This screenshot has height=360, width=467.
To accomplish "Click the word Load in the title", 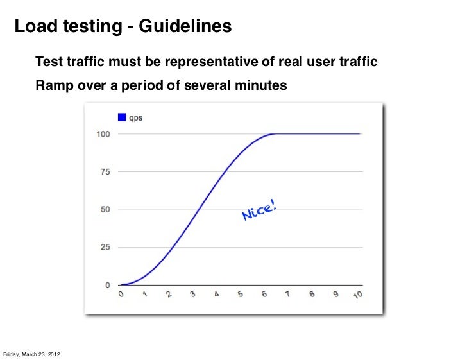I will [x=34, y=27].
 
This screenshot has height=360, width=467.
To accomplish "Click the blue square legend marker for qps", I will [x=121, y=117].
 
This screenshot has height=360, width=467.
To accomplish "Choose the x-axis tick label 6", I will [x=264, y=295].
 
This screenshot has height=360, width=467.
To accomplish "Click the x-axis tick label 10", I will [x=359, y=295].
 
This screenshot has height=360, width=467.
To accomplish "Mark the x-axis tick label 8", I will [x=312, y=295].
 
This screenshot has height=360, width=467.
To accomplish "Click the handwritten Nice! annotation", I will [x=260, y=210].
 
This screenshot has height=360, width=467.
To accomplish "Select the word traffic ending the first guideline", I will [x=355, y=63].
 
